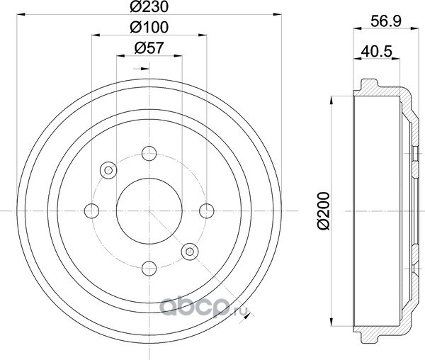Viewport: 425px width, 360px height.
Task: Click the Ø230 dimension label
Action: pos(149,7)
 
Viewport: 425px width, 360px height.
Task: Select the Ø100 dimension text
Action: pos(149,28)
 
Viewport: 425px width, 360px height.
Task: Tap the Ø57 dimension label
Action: pos(149,48)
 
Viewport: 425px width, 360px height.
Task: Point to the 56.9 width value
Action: pos(386,21)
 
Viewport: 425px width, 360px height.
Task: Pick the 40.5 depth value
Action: pos(377,51)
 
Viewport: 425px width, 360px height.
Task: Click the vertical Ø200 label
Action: pos(324,211)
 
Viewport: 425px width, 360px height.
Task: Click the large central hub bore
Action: pos(149,211)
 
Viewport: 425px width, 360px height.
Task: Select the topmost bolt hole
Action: pos(149,154)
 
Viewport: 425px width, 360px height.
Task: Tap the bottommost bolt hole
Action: pos(149,269)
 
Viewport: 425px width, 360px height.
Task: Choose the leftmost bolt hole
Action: pos(91,211)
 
